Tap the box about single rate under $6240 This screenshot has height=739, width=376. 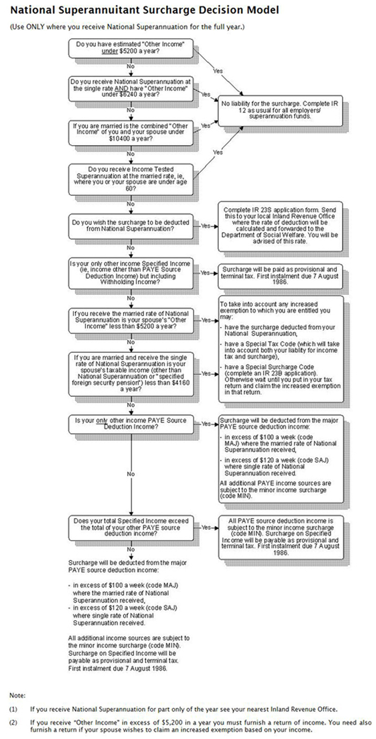(x=131, y=88)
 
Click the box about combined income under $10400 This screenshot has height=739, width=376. (x=131, y=131)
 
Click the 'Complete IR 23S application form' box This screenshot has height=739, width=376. (x=281, y=226)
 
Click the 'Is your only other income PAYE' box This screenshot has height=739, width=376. (x=131, y=423)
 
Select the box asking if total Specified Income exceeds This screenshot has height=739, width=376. (x=131, y=528)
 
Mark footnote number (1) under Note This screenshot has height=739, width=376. (x=13, y=709)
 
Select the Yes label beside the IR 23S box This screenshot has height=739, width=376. (x=208, y=226)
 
